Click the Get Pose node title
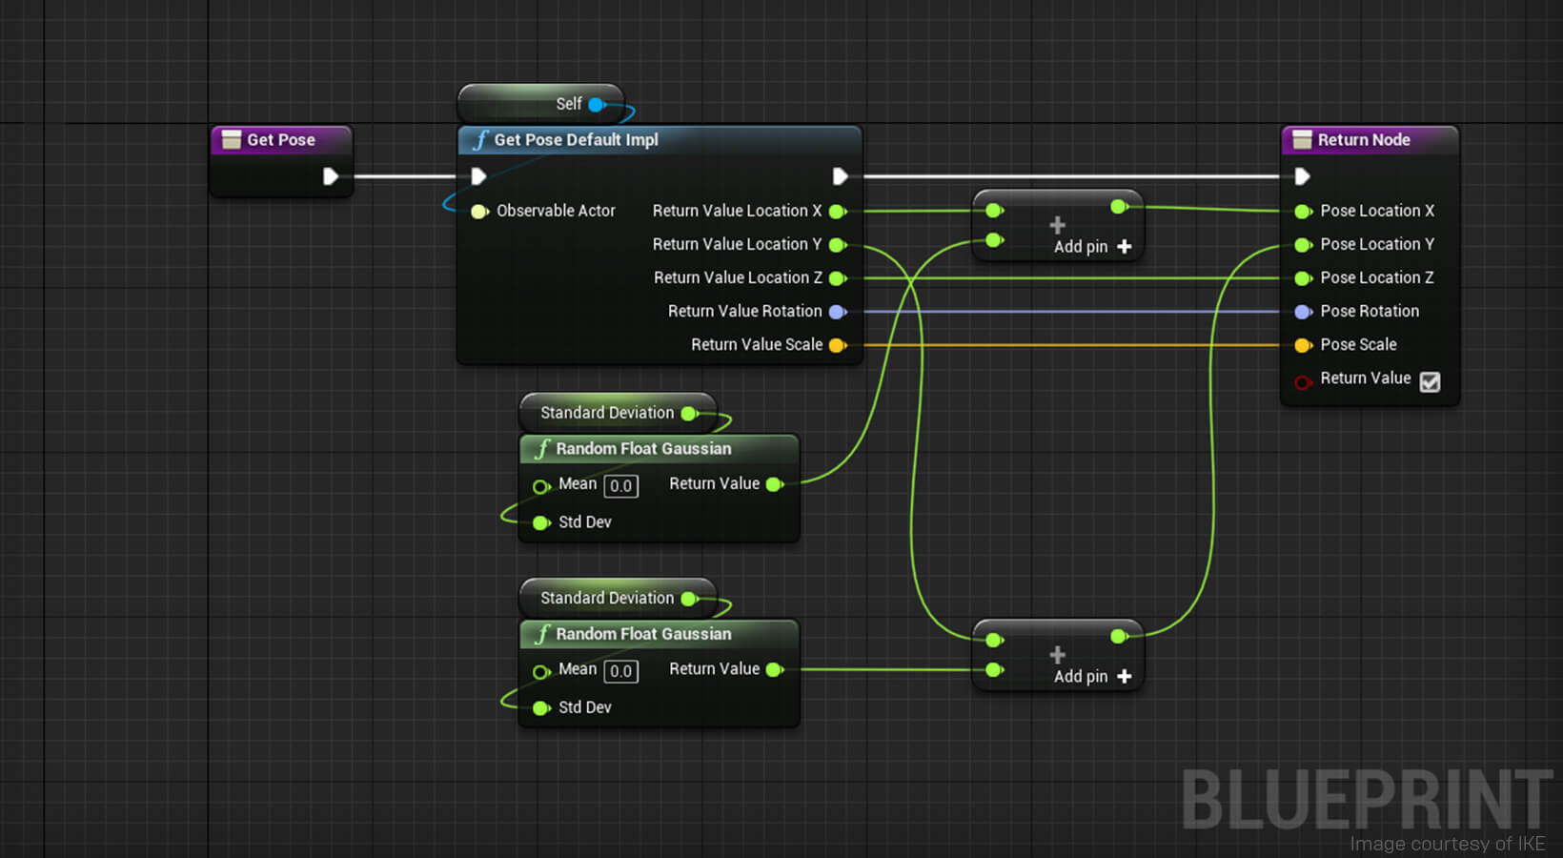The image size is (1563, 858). [280, 140]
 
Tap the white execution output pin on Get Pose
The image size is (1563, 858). [330, 176]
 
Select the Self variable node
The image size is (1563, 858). [569, 104]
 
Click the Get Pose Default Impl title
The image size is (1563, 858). [576, 140]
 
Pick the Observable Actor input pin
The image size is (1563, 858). [479, 211]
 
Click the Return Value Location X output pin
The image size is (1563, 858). [837, 211]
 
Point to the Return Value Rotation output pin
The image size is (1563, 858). [837, 312]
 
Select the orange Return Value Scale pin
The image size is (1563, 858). [837, 345]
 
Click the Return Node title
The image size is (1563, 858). [1363, 140]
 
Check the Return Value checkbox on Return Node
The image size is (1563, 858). [1430, 382]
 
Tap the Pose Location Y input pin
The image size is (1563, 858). [1303, 245]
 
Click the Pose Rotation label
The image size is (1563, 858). [1369, 312]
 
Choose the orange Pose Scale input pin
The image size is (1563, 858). [1303, 345]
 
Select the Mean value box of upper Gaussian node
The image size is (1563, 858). [620, 486]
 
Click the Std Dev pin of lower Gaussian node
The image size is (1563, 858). [541, 708]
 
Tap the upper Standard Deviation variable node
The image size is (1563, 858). [607, 413]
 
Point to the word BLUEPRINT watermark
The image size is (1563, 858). [1367, 799]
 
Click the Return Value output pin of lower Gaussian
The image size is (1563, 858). [774, 670]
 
